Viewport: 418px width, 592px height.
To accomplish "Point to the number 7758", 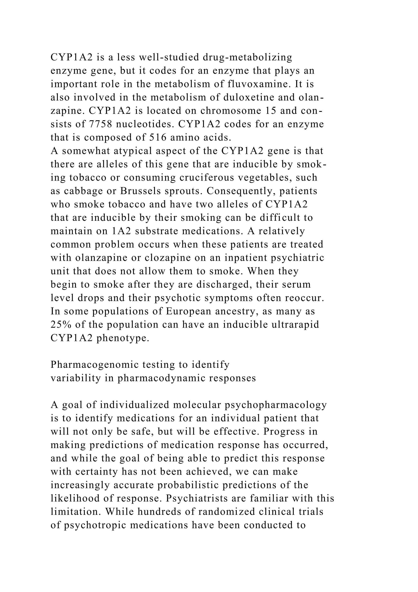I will point(101,124).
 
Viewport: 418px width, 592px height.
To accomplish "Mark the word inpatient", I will point(243,258).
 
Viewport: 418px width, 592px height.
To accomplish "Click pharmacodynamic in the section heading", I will point(161,378).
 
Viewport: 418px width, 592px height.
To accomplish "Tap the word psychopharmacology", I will point(276,405).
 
